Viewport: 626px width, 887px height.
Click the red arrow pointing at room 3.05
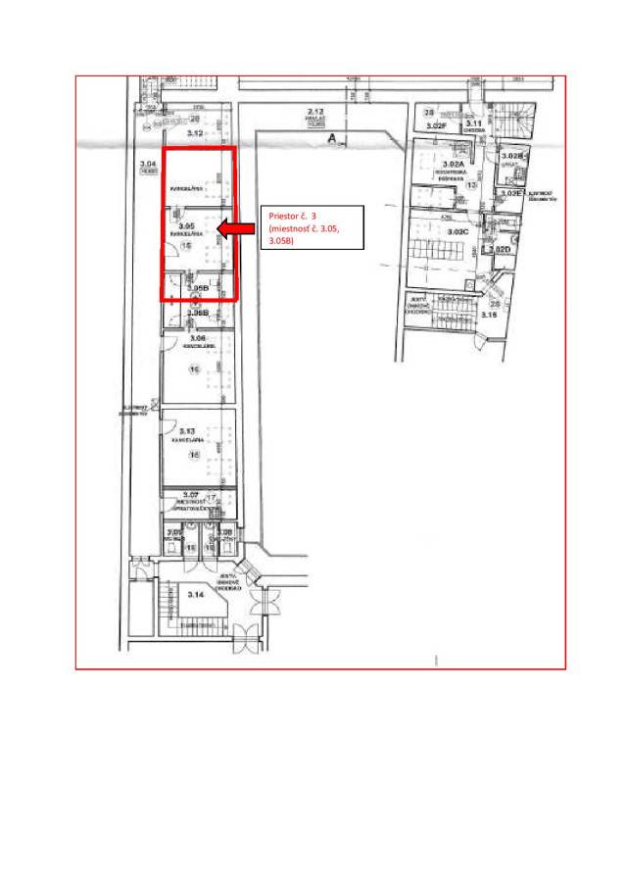pyautogui.click(x=235, y=229)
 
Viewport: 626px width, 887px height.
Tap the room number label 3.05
pyautogui.click(x=187, y=226)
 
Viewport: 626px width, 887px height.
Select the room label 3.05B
pyautogui.click(x=198, y=288)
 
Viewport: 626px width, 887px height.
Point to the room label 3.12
pyautogui.click(x=195, y=131)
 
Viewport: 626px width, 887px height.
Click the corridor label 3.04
pyautogui.click(x=148, y=163)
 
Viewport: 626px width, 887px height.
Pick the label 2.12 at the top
pyautogui.click(x=316, y=113)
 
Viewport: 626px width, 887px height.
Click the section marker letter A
pyautogui.click(x=333, y=140)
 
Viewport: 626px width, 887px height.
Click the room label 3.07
pyautogui.click(x=191, y=494)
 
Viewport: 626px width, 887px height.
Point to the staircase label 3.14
pyautogui.click(x=195, y=594)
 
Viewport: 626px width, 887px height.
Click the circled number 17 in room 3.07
pyautogui.click(x=211, y=498)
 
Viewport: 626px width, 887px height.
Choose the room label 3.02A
pyautogui.click(x=453, y=164)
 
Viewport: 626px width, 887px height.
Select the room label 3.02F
pyautogui.click(x=436, y=126)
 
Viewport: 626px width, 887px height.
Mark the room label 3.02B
pyautogui.click(x=512, y=156)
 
